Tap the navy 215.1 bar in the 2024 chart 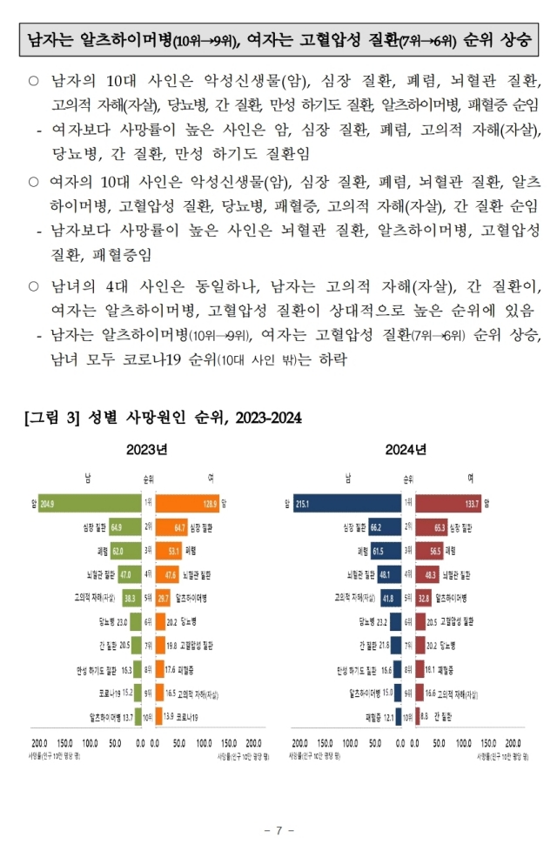pyautogui.click(x=348, y=503)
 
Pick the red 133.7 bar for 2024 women pyautogui.click(x=448, y=503)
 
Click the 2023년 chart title pyautogui.click(x=145, y=450)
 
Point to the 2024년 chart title pyautogui.click(x=406, y=450)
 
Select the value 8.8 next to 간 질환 pyautogui.click(x=424, y=717)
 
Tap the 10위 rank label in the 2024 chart pyautogui.click(x=407, y=717)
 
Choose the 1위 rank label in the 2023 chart pyautogui.click(x=148, y=503)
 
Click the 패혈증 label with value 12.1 pyautogui.click(x=377, y=717)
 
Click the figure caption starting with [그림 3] pyautogui.click(x=163, y=418)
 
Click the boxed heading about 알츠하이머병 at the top pyautogui.click(x=278, y=40)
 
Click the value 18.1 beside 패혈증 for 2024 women pyautogui.click(x=430, y=670)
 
